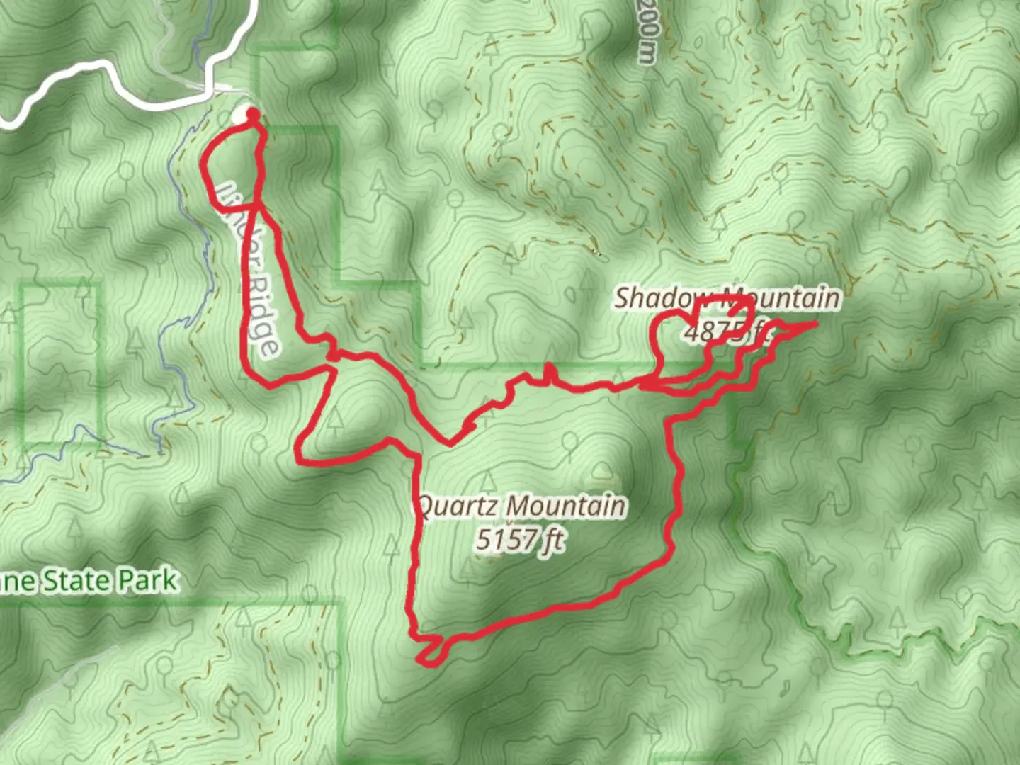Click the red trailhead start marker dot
click(x=252, y=113)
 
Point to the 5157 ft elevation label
click(x=520, y=540)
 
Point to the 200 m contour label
click(x=647, y=32)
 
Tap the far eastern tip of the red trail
click(x=815, y=324)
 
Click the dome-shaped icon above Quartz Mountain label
click(x=603, y=469)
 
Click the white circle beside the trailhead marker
click(x=243, y=115)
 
